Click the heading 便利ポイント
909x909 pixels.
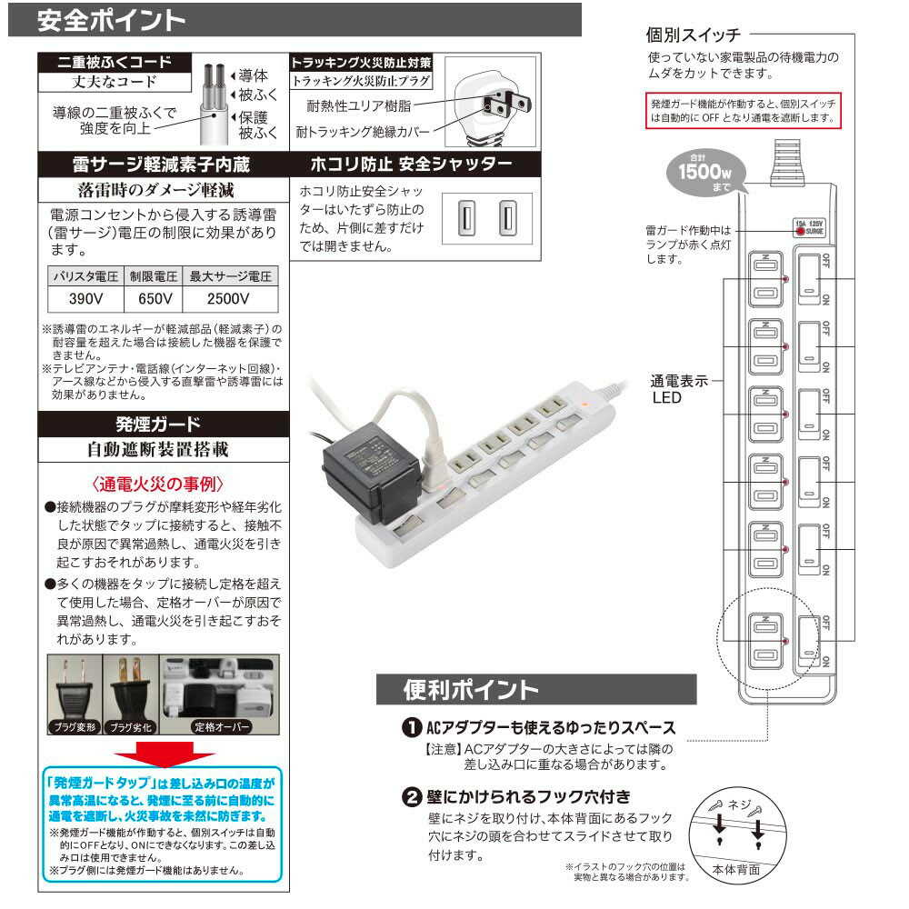point(472,689)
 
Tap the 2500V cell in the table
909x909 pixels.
point(228,298)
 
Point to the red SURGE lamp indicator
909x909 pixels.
point(800,231)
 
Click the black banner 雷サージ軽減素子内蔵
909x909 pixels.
point(160,165)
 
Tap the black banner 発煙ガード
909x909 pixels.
point(160,424)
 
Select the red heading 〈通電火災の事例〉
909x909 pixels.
point(158,483)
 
